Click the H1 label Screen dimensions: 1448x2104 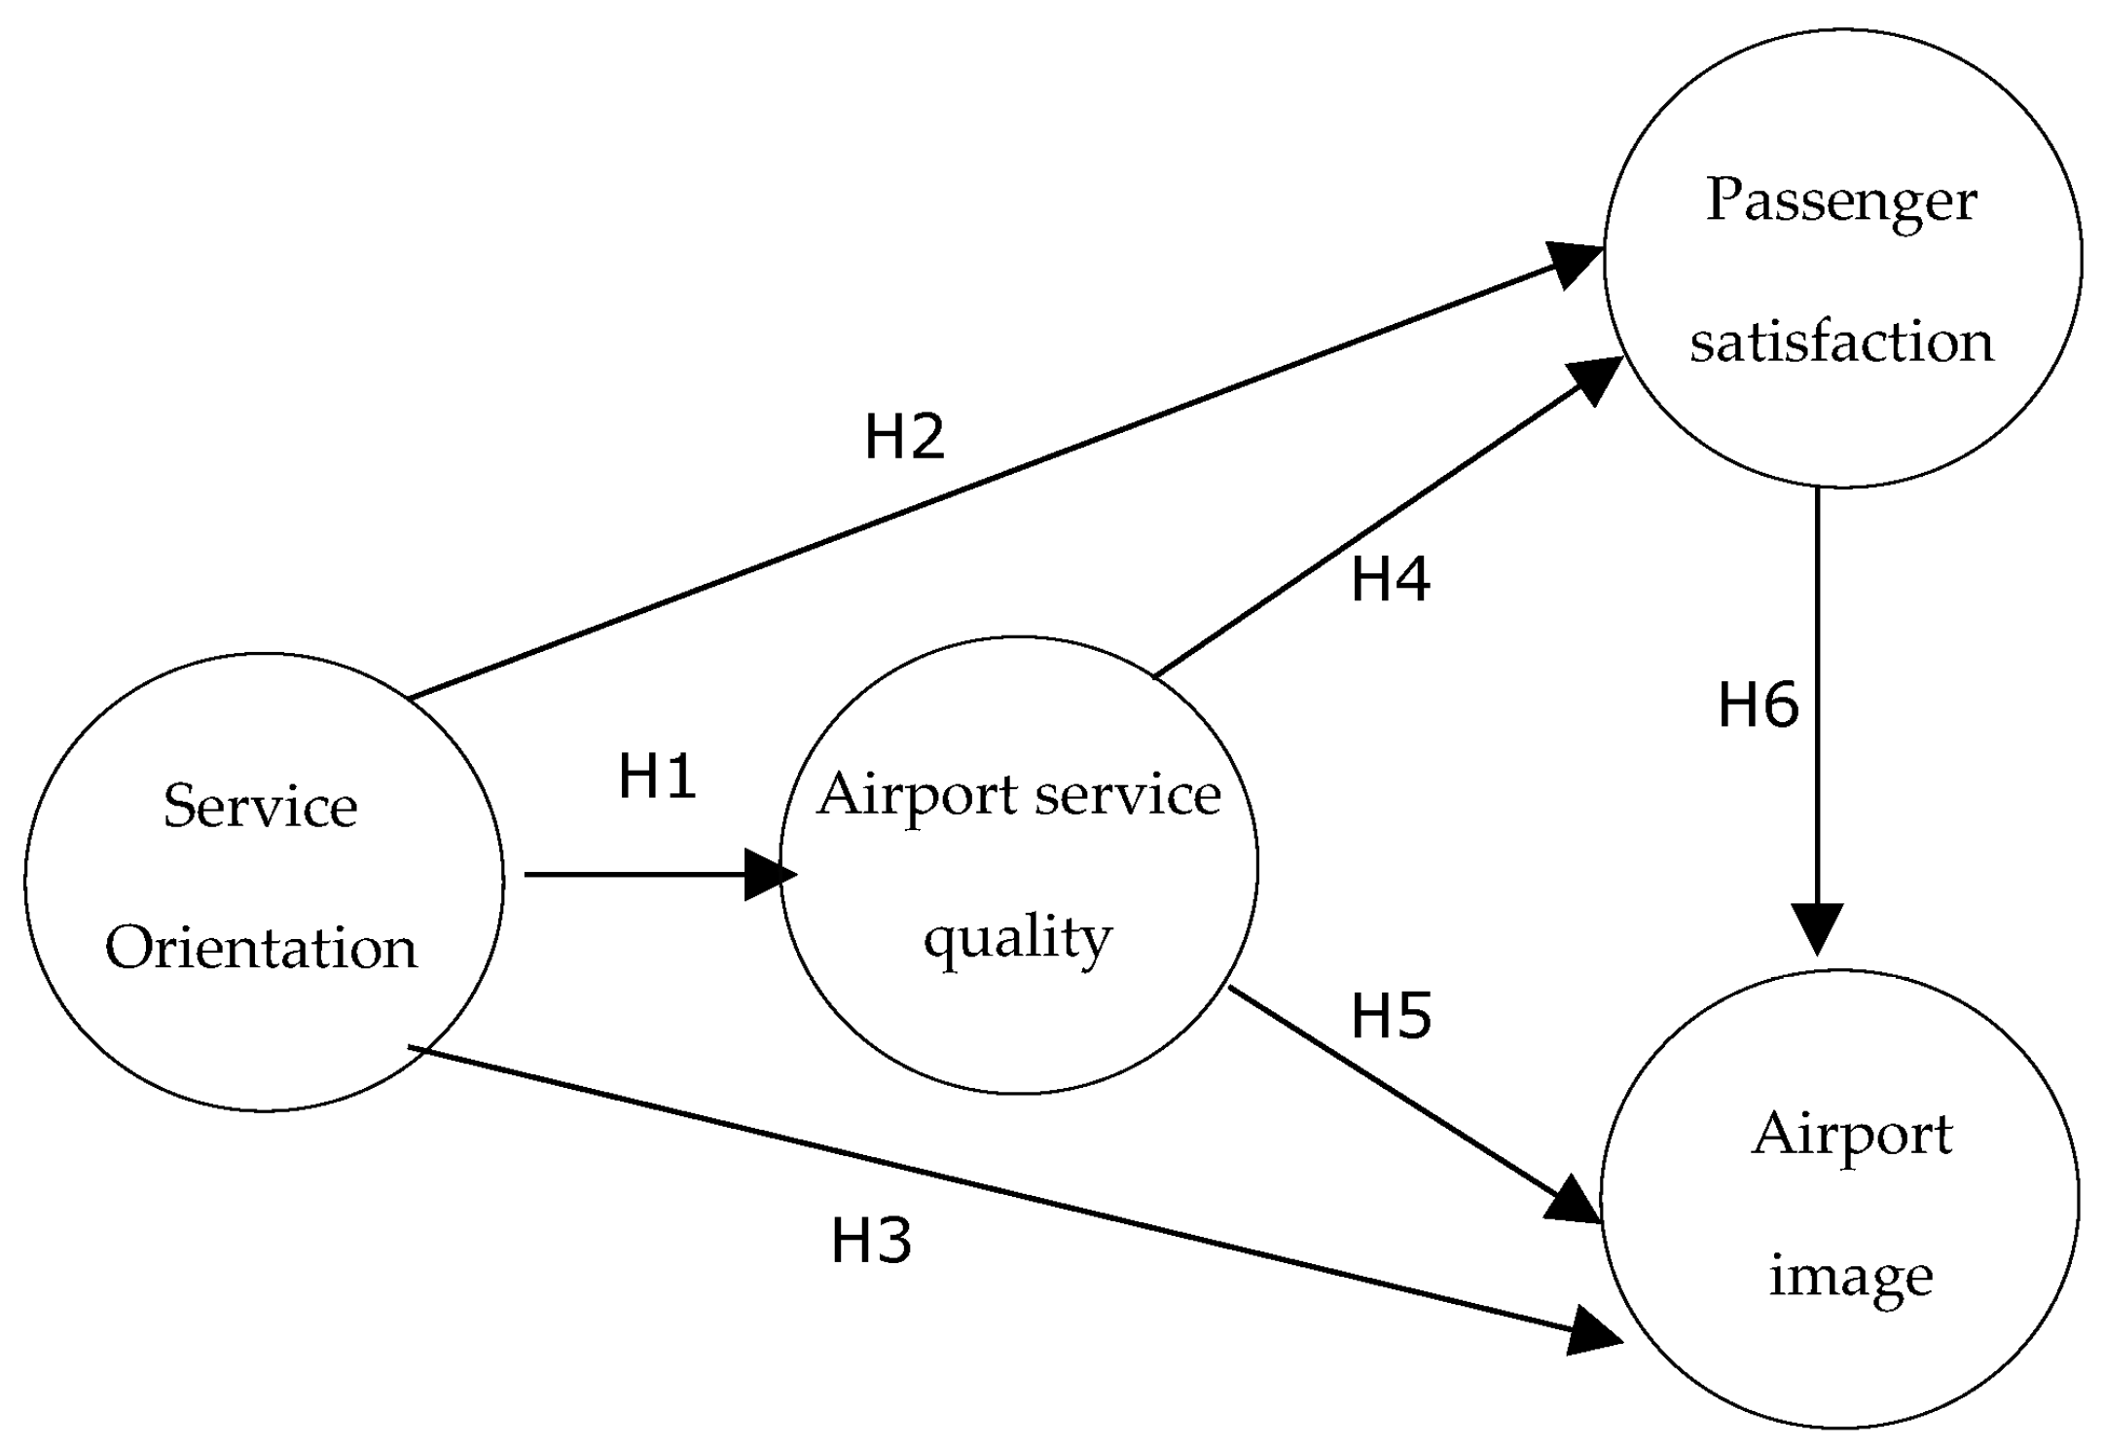click(658, 778)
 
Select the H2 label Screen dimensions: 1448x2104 click(904, 436)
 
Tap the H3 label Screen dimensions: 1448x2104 click(871, 1241)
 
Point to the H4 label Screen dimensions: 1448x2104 click(1390, 579)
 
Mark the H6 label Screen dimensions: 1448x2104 click(1758, 705)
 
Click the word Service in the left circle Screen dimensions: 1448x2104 click(260, 807)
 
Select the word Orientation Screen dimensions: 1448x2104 click(261, 948)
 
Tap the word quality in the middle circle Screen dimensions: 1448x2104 click(1018, 938)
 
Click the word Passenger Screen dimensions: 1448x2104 click(1841, 201)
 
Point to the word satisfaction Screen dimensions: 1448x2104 click(1841, 343)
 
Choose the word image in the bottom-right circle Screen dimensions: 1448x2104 click(1851, 1276)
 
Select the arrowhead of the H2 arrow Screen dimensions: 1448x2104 click(1574, 262)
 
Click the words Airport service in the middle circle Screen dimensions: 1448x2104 click(1018, 796)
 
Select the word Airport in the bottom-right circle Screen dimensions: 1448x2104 click(1851, 1135)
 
